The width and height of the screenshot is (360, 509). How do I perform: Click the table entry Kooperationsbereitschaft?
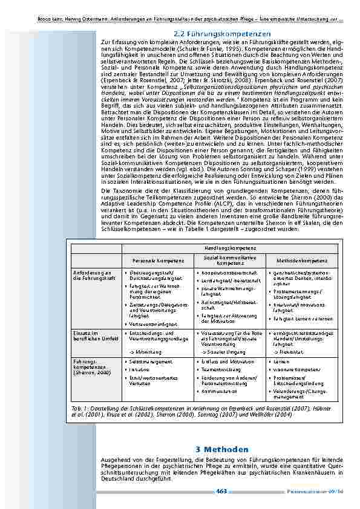coord(224,273)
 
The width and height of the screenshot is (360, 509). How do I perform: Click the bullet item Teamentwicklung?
coord(220,370)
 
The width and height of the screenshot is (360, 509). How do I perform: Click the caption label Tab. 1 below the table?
coord(78,409)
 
